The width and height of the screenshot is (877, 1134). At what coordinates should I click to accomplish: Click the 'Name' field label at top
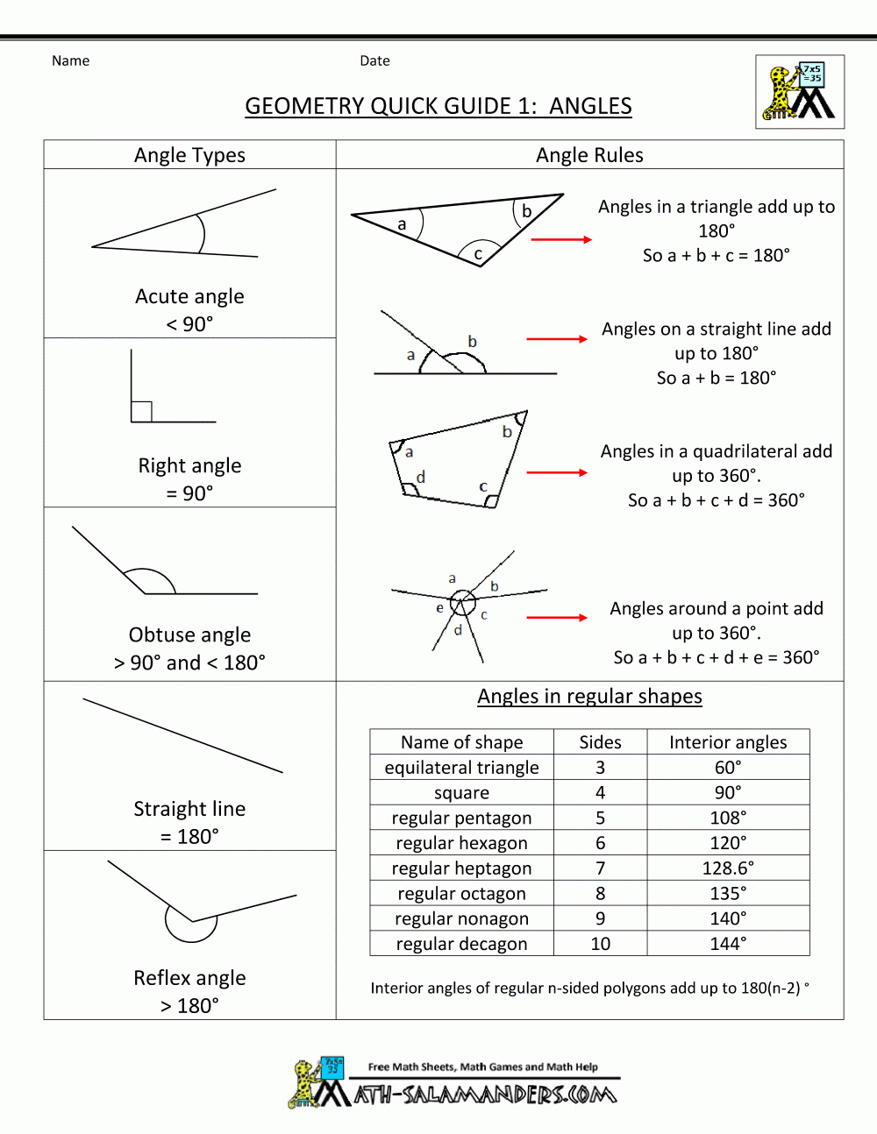[x=70, y=60]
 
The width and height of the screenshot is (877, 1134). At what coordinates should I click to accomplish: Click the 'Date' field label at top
[x=374, y=60]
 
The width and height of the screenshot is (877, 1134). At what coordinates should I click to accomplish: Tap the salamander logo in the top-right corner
[x=799, y=92]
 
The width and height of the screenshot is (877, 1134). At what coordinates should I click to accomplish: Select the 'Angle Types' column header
[x=189, y=155]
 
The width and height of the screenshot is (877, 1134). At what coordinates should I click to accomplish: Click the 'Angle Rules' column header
[x=589, y=155]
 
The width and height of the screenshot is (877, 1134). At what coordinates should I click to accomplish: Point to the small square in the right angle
[x=141, y=411]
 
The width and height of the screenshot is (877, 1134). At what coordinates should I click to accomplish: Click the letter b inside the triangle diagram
[x=526, y=211]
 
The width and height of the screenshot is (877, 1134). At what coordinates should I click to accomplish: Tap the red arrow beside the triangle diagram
[x=561, y=239]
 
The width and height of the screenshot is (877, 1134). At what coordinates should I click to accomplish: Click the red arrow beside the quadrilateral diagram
[x=557, y=472]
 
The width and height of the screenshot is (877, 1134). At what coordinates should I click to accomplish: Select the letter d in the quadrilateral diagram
[x=421, y=477]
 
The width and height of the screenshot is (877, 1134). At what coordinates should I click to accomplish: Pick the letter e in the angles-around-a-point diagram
[x=439, y=607]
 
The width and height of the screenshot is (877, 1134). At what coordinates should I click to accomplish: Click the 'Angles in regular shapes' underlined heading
[x=589, y=696]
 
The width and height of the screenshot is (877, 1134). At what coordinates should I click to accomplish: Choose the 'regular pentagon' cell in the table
[x=461, y=818]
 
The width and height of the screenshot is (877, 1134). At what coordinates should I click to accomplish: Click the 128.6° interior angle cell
[x=728, y=868]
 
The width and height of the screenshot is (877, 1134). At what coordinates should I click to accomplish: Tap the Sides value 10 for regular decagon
[x=600, y=944]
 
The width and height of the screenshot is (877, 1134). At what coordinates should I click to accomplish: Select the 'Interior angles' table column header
[x=728, y=742]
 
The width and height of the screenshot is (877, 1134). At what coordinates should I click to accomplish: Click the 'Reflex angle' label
[x=189, y=978]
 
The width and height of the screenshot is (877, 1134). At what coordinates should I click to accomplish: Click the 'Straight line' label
[x=189, y=809]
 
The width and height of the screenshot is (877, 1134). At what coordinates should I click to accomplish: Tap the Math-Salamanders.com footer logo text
[x=485, y=1095]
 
